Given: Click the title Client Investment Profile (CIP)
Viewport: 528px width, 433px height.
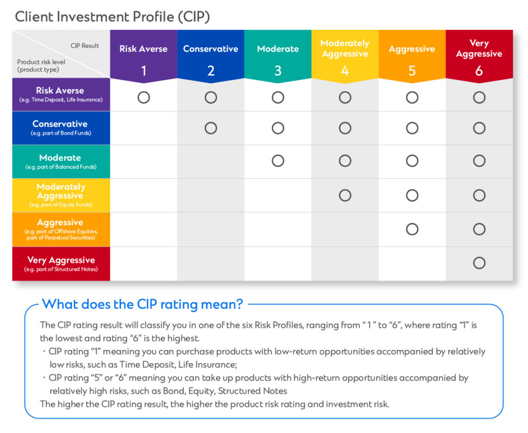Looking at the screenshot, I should (x=112, y=16).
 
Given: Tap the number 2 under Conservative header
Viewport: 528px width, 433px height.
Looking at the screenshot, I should (x=210, y=71).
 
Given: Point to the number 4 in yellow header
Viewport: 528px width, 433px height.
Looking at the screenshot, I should (x=344, y=71).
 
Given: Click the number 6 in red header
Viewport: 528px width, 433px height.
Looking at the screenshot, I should (x=478, y=71).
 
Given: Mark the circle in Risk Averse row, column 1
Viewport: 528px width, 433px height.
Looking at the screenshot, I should (x=143, y=97).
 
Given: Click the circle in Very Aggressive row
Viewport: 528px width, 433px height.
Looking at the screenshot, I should (x=479, y=263).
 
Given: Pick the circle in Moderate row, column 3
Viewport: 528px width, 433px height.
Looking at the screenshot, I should (x=277, y=161).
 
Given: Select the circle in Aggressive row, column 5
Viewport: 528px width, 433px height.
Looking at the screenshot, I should (x=411, y=229).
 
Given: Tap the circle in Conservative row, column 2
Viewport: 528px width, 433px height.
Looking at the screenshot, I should (x=210, y=128).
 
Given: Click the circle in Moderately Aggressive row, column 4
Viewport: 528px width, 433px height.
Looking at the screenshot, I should (x=344, y=195).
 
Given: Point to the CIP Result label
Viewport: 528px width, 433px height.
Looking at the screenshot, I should (x=85, y=45).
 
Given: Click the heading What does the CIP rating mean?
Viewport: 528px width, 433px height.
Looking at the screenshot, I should (x=142, y=304).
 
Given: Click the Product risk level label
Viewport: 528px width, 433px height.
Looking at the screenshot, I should (x=41, y=62).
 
